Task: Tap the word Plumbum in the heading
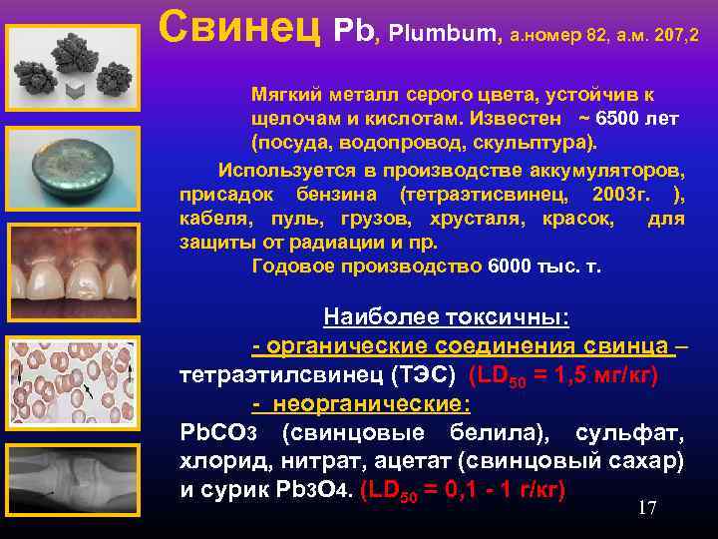pos(440,36)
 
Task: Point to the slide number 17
pos(647,508)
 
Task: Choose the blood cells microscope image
pos(72,384)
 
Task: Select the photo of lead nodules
pos(72,66)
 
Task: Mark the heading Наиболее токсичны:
pos(446,318)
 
